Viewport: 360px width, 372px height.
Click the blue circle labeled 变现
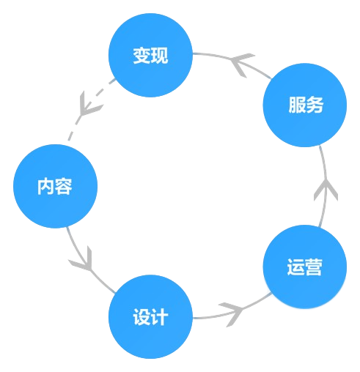150,56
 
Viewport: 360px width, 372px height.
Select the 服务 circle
304,105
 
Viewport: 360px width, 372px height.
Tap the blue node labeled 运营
304,267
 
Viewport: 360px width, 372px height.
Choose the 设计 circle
150,317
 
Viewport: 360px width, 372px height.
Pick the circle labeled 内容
55,186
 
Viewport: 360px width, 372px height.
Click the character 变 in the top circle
142,56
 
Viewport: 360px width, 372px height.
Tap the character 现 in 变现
159,56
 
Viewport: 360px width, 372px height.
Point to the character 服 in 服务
295,105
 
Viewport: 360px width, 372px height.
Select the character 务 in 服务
314,105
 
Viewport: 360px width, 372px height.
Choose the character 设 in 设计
142,317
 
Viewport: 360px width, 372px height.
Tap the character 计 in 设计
159,317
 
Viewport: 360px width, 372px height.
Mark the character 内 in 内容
45,186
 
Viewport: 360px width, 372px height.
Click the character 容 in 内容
64,186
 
